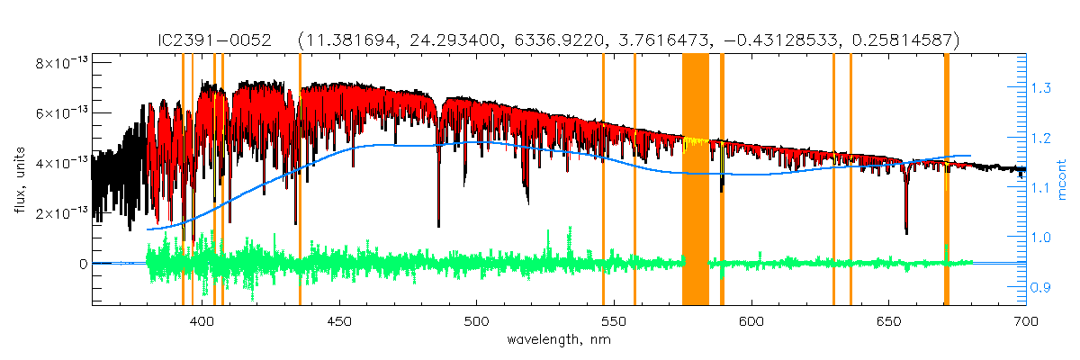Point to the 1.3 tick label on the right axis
coord(1041,88)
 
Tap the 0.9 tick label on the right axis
coord(1041,288)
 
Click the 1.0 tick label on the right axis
coord(1041,238)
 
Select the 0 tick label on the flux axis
coord(83,264)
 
